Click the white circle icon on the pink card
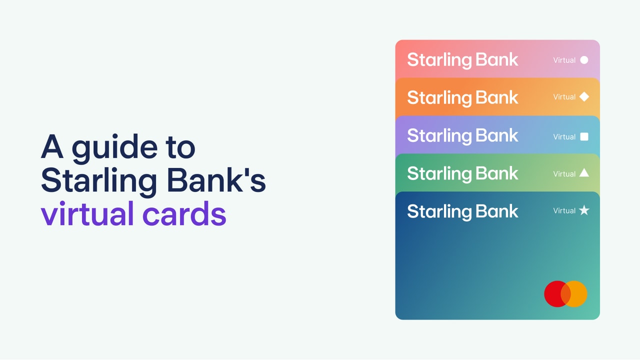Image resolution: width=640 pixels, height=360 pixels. [584, 60]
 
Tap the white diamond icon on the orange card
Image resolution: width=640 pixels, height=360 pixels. [584, 97]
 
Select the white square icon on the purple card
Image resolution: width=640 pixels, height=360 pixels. [584, 136]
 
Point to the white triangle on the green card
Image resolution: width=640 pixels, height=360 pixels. [584, 173]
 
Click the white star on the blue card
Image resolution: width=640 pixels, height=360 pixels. [584, 210]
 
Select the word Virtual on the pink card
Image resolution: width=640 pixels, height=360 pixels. [564, 60]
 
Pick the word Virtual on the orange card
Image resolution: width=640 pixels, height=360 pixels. [564, 97]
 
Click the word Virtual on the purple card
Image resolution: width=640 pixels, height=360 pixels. [564, 136]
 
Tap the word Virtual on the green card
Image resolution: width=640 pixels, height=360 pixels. [564, 174]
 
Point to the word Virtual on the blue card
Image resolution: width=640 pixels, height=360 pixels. [564, 211]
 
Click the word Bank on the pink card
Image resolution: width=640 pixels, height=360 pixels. [496, 59]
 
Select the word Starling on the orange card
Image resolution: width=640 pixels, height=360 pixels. [438, 98]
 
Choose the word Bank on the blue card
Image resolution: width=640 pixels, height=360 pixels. [496, 211]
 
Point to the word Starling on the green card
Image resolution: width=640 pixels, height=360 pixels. [438, 174]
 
